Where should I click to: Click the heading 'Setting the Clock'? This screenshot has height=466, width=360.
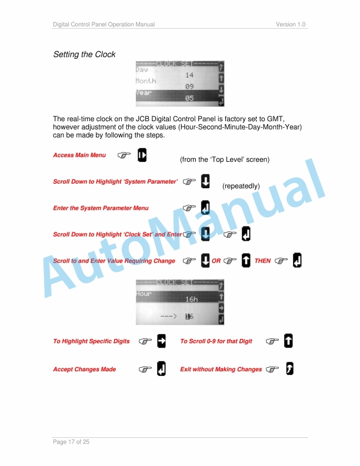click(x=84, y=55)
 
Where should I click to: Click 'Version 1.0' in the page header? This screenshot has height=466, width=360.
click(x=291, y=24)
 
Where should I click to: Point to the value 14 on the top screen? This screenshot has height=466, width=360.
click(x=189, y=75)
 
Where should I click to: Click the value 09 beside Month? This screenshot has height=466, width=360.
click(x=189, y=86)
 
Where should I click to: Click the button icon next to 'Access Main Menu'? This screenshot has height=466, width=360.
click(x=142, y=155)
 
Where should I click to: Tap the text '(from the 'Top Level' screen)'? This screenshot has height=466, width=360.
click(x=224, y=160)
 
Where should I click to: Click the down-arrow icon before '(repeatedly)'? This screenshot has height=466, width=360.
click(x=205, y=181)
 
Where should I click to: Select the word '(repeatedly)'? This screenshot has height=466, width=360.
click(x=241, y=187)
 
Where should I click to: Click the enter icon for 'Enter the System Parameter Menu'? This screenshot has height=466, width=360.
click(x=205, y=208)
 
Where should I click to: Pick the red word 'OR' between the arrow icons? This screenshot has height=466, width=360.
click(x=216, y=261)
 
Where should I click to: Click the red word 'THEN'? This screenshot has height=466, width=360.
click(x=262, y=261)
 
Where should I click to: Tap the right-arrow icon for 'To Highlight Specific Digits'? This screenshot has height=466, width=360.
click(x=162, y=341)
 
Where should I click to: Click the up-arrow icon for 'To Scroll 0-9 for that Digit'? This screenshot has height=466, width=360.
click(x=288, y=341)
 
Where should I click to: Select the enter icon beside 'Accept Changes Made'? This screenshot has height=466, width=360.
click(x=161, y=369)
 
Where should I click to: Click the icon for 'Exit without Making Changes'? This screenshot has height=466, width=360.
click(x=289, y=369)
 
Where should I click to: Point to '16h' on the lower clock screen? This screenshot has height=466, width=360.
click(x=192, y=299)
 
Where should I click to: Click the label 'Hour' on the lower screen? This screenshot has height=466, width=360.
click(x=144, y=293)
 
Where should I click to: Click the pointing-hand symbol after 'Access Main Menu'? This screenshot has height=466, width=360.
click(x=123, y=155)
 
